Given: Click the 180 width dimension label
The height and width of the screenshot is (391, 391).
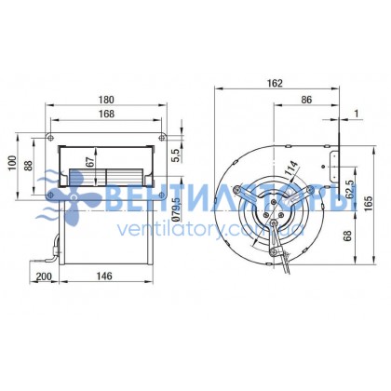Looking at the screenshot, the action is [x=106, y=100].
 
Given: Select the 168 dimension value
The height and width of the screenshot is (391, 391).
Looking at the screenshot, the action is [x=106, y=114].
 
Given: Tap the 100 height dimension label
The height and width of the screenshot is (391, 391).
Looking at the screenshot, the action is [x=12, y=163].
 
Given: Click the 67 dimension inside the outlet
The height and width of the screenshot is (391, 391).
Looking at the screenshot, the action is [x=90, y=163].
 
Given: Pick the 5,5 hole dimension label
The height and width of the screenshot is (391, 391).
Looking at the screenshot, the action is [x=175, y=155].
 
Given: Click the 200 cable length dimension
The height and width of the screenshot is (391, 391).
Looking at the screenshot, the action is [x=44, y=276].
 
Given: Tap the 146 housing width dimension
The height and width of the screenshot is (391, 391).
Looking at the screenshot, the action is [x=104, y=276].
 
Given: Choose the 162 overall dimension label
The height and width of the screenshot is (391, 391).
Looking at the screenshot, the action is [x=275, y=83].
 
